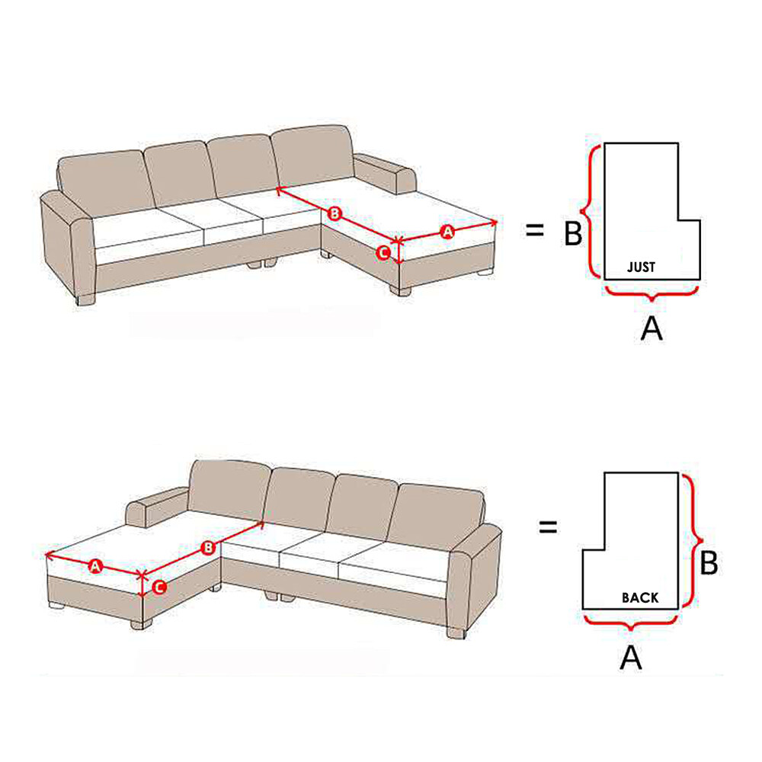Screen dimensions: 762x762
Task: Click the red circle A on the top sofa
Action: [x=447, y=232]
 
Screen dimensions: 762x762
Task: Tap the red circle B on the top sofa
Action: [x=335, y=213]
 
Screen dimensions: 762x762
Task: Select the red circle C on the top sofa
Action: [x=383, y=253]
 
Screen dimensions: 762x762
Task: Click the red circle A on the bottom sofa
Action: [x=95, y=566]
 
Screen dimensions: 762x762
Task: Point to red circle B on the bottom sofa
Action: [x=208, y=548]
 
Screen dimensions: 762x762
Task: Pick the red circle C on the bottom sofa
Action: [x=159, y=587]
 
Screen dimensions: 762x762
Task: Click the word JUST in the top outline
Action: [x=641, y=267]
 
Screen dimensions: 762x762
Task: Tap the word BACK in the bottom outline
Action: [x=640, y=597]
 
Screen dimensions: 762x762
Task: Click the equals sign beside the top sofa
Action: [x=535, y=230]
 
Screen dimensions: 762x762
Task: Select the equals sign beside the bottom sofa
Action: [x=548, y=527]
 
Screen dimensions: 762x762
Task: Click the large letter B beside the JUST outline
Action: [x=573, y=233]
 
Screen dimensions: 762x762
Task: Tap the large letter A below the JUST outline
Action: [x=652, y=328]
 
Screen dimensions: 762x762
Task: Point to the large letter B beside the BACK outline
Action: [x=709, y=563]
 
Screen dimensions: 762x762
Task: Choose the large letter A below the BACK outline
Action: [x=631, y=658]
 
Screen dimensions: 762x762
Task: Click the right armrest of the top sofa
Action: [x=386, y=174]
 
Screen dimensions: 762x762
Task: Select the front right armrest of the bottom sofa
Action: [x=474, y=578]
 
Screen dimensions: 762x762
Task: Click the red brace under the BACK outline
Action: [x=630, y=622]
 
